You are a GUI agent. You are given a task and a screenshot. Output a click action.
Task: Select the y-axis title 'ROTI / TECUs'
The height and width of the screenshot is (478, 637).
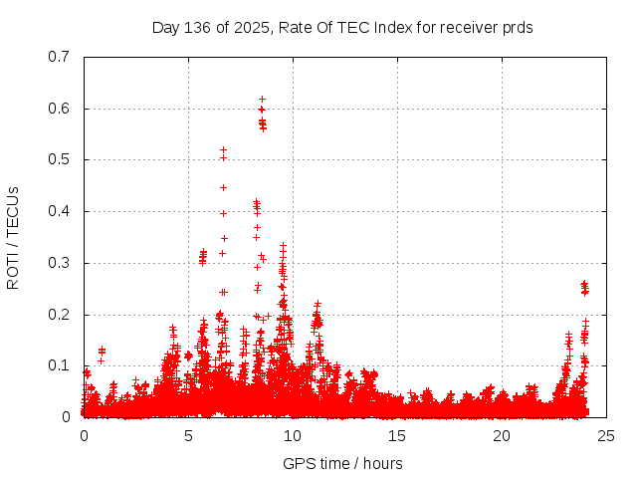click(x=13, y=237)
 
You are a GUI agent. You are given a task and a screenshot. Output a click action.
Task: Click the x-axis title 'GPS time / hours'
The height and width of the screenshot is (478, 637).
click(x=342, y=463)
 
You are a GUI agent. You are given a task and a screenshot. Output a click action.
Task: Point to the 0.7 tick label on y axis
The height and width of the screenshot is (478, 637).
click(x=59, y=57)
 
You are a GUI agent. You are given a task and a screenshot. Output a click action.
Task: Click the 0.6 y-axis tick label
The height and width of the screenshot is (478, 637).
click(x=59, y=109)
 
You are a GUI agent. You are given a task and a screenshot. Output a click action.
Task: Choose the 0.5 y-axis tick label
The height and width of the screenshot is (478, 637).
click(x=59, y=159)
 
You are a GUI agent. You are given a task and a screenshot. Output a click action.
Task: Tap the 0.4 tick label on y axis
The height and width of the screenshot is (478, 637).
click(x=59, y=211)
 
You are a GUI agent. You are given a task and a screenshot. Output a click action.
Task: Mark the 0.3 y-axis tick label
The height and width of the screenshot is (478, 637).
click(x=59, y=263)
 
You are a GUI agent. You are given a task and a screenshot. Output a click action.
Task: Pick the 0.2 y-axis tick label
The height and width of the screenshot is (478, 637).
click(x=59, y=315)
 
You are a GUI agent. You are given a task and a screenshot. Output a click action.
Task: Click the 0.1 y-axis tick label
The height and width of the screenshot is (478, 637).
click(x=59, y=365)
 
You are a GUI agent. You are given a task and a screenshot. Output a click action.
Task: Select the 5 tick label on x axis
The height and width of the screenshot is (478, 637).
click(x=188, y=436)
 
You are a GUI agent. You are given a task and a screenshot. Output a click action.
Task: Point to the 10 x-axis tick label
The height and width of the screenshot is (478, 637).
click(x=293, y=436)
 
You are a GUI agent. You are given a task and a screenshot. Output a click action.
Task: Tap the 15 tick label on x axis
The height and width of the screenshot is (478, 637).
click(x=397, y=436)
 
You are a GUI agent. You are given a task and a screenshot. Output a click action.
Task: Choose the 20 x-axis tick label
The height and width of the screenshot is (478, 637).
click(x=502, y=436)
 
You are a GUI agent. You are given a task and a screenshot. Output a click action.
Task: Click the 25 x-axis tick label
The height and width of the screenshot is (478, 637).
click(x=606, y=436)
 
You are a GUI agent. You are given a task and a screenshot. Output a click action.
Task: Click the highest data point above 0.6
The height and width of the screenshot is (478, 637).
click(x=262, y=100)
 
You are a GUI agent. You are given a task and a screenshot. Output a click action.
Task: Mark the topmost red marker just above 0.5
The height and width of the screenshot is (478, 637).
click(x=223, y=149)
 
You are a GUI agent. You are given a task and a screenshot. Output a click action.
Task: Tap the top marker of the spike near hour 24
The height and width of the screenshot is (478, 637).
click(x=584, y=284)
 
